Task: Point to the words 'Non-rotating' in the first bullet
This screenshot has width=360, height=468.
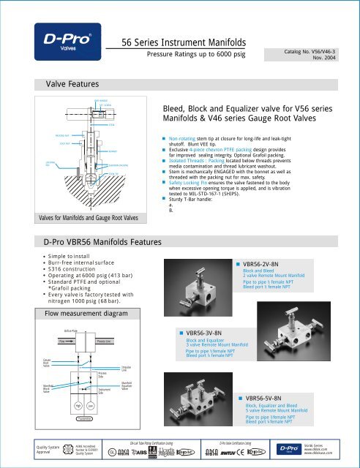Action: click(186, 137)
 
